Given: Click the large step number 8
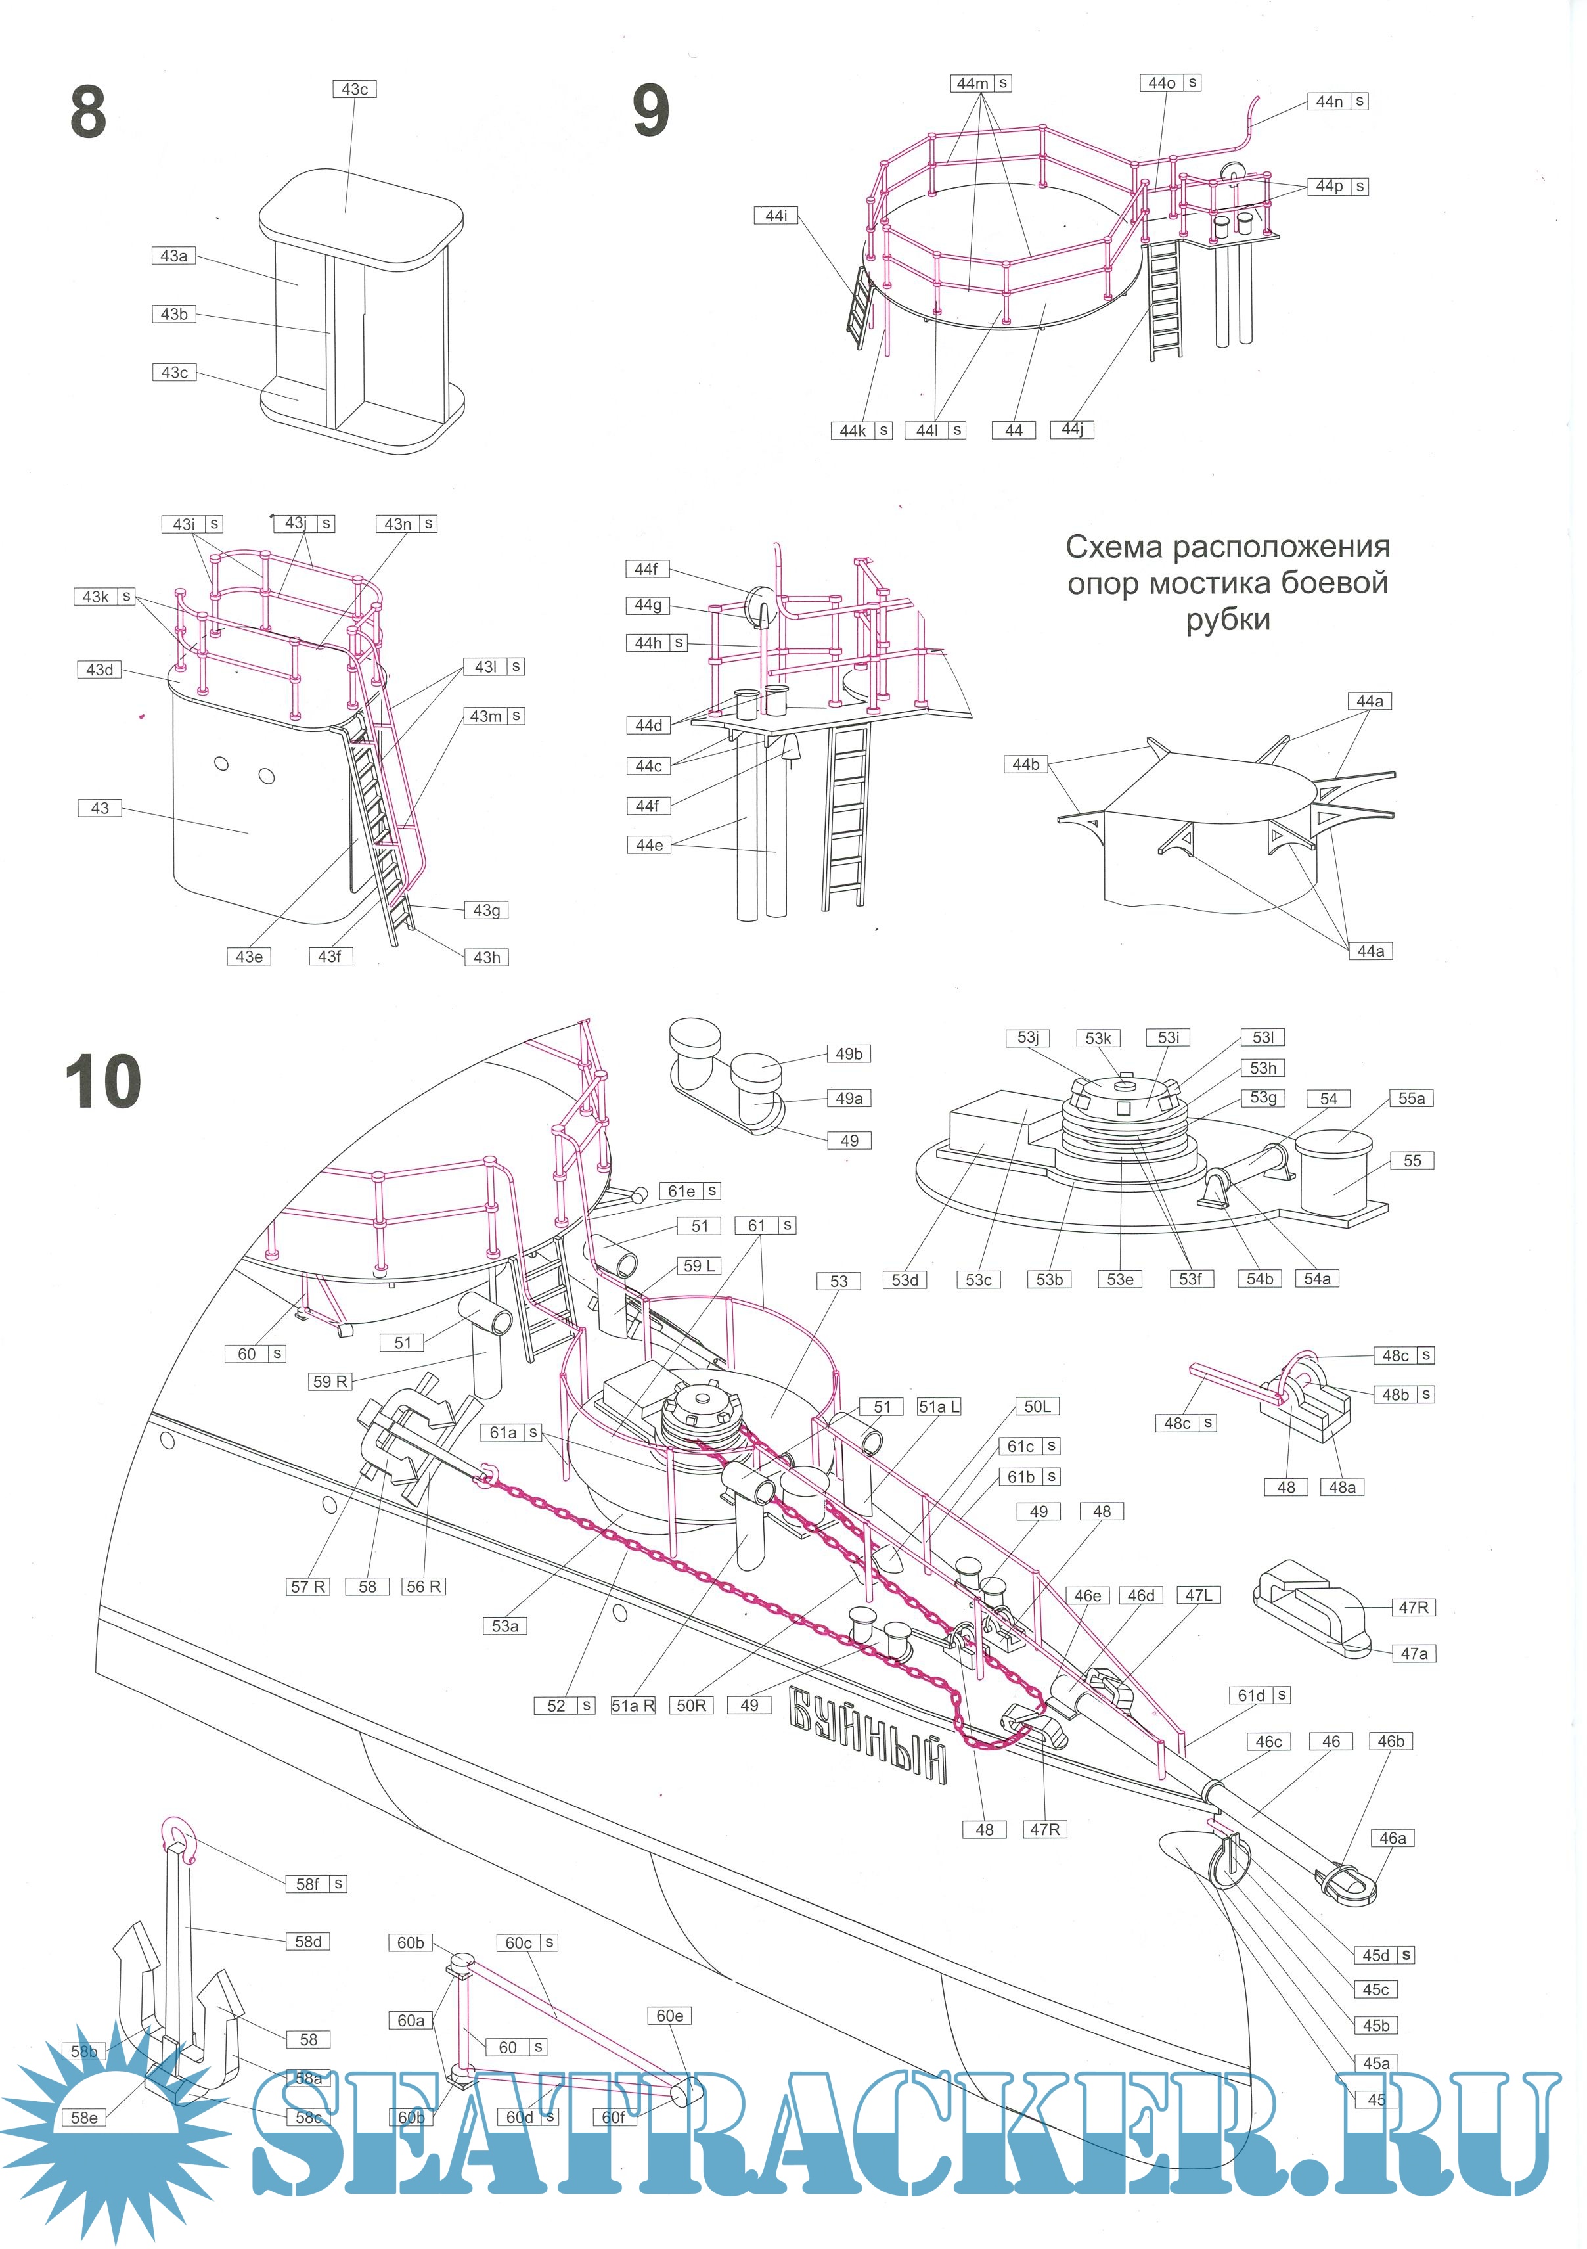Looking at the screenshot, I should [88, 112].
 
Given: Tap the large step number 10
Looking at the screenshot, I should [102, 1081].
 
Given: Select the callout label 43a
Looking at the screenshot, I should [173, 256].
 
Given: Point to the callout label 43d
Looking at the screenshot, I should [99, 670].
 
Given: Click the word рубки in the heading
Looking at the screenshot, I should [1228, 620].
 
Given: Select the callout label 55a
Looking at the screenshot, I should [1411, 1098].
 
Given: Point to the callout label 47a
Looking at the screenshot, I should [1413, 1654].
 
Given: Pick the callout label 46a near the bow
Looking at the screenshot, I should [1392, 1838].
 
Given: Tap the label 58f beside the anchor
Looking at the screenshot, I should [307, 1884].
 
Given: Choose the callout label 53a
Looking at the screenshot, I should [504, 1626].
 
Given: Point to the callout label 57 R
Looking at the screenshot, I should [307, 1587].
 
